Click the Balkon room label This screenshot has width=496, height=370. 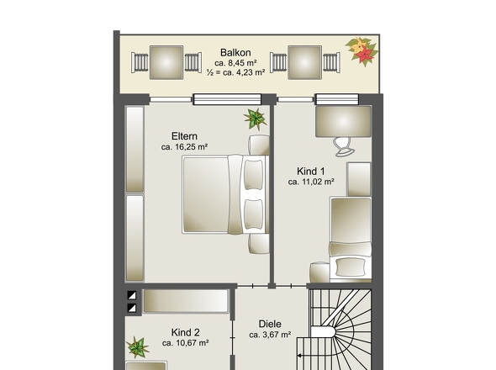(235, 52)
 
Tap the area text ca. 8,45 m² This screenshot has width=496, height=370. (235, 63)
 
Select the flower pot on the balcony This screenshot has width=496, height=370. (362, 51)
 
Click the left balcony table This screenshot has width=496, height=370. (166, 62)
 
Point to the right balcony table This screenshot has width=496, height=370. (304, 62)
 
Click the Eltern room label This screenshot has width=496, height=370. (184, 136)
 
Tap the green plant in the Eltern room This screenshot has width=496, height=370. (255, 119)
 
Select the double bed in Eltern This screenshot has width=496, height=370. (225, 194)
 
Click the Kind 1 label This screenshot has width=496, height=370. (311, 172)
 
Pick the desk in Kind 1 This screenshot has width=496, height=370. (343, 122)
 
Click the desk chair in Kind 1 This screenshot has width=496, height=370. (344, 146)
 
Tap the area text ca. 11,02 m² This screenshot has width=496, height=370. (311, 182)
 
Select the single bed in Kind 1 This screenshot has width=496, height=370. (351, 240)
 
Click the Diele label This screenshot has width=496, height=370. (270, 324)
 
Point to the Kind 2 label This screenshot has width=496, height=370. (185, 333)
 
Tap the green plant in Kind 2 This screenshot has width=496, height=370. (137, 347)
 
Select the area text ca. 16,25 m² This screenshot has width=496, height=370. (184, 147)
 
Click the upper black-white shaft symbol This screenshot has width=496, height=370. (132, 295)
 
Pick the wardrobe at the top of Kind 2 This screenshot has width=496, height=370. (186, 301)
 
